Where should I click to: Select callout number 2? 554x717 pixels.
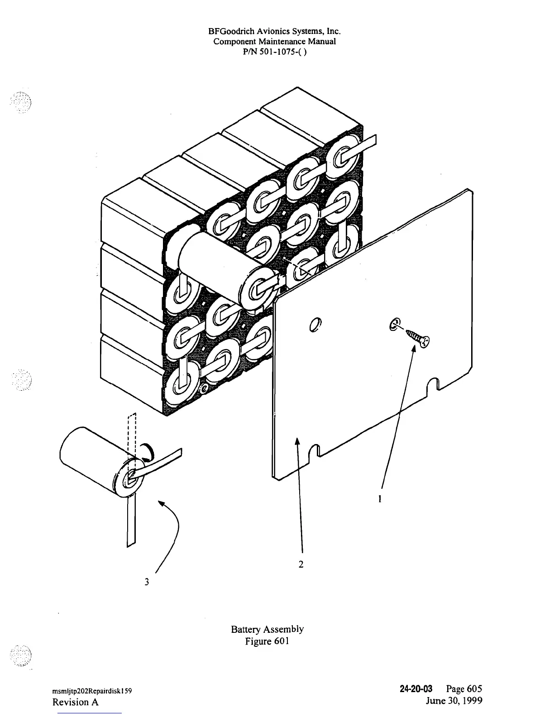coord(301,564)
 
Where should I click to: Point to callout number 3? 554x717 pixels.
coord(147,582)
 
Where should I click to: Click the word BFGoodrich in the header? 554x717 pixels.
coord(229,31)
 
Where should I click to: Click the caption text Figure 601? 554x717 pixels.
coord(267,641)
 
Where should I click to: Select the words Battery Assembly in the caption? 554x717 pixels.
coord(267,629)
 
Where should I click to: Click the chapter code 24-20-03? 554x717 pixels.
coord(416,688)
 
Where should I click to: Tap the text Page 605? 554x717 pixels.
coord(464,688)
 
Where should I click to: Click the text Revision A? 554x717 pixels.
coord(75,702)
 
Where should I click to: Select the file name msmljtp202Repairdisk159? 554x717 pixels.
coord(92,691)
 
